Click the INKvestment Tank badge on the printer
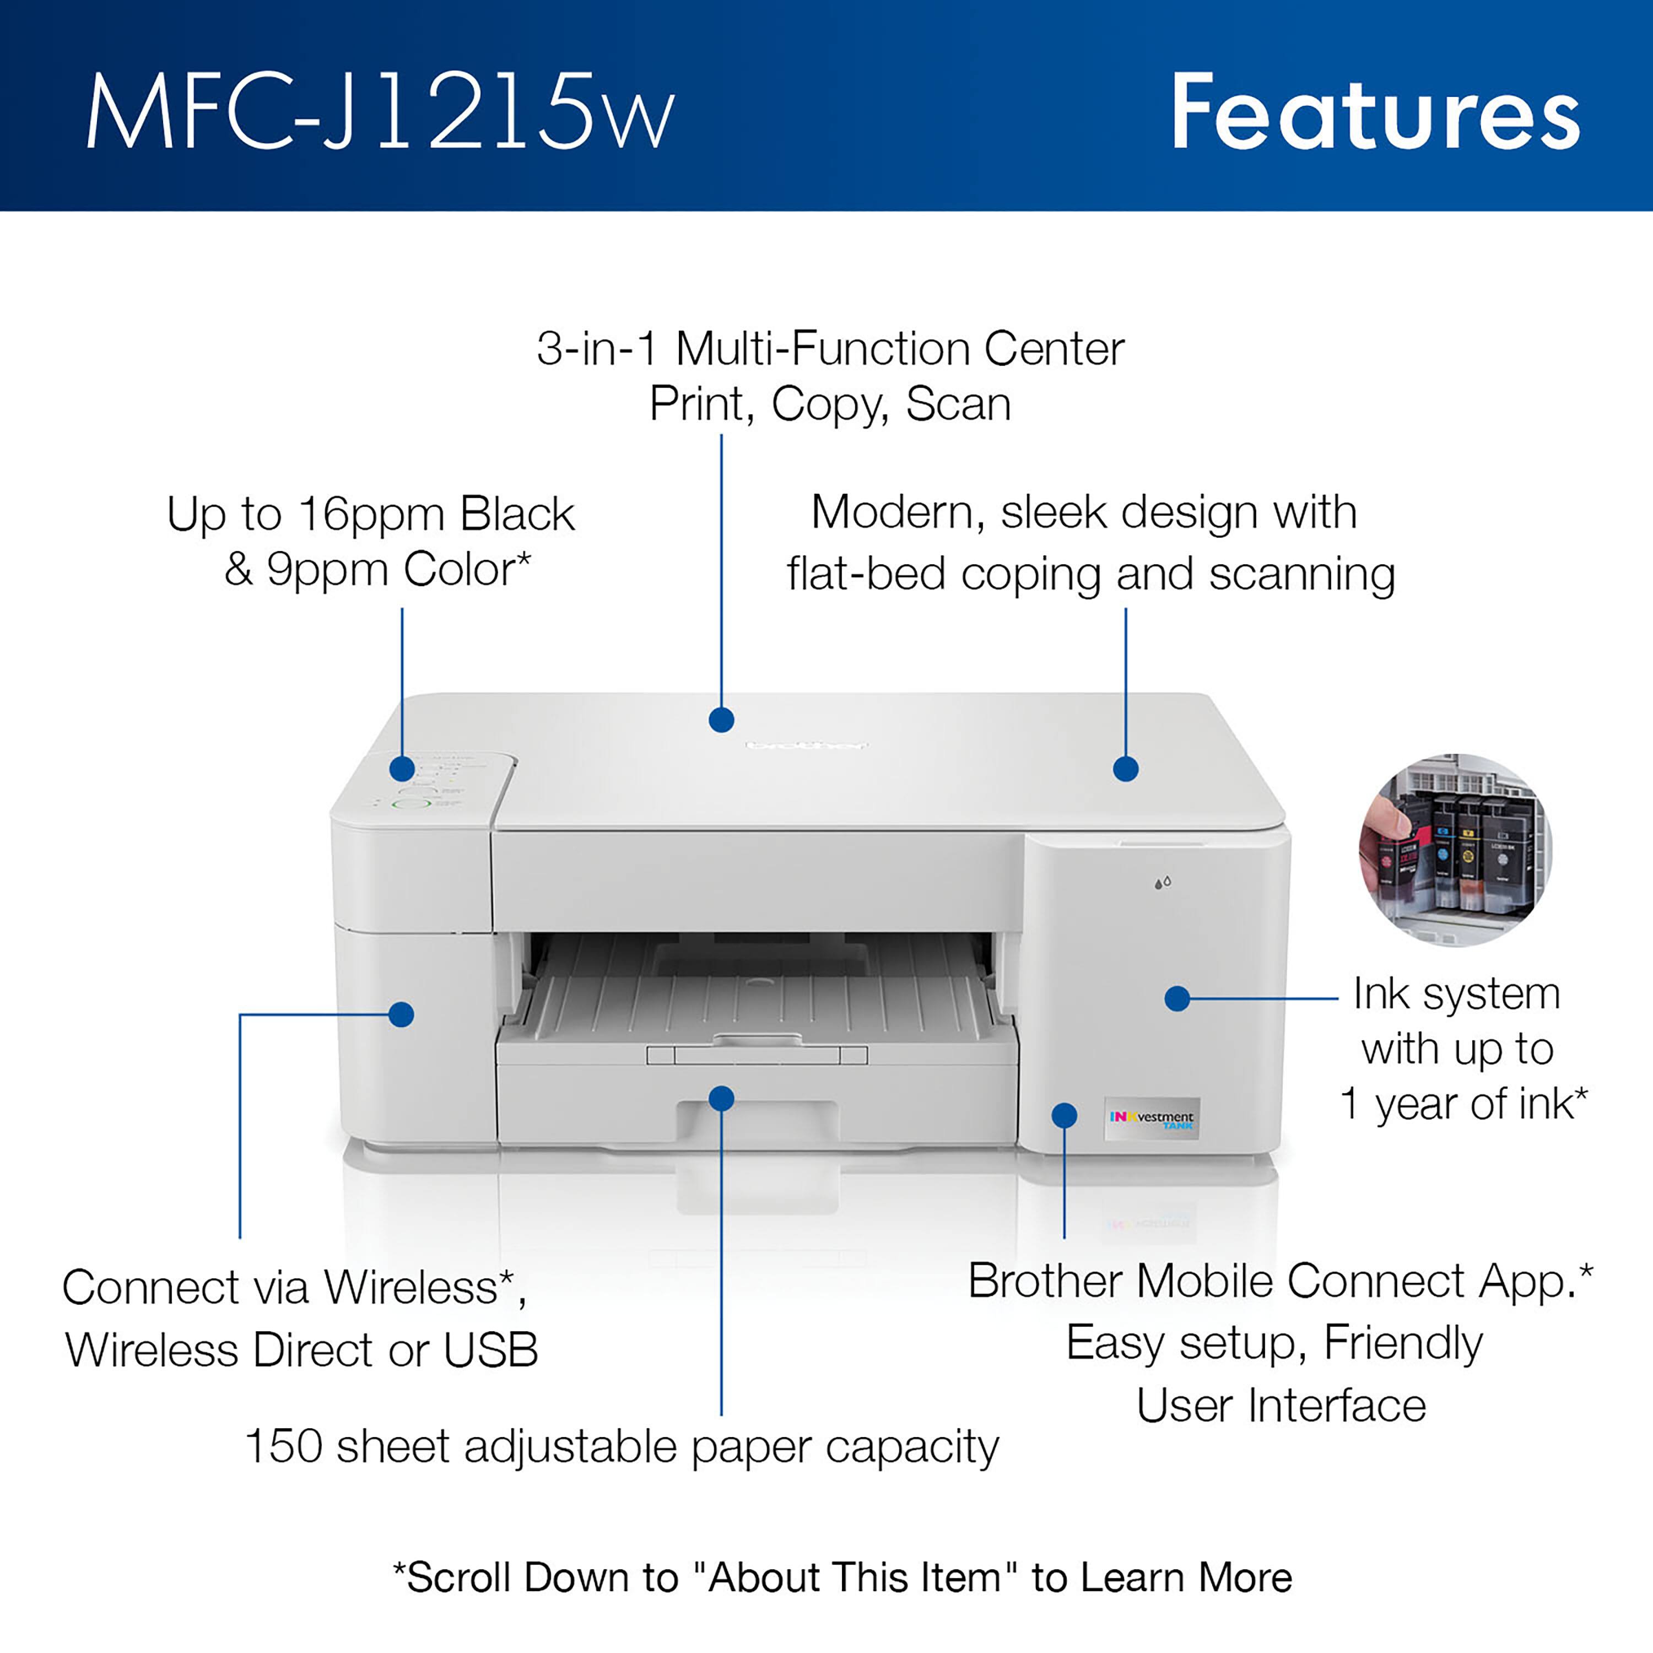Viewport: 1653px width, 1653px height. tap(1152, 1119)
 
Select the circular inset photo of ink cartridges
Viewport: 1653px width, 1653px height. tap(1455, 850)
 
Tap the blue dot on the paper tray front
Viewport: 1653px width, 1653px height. tap(721, 1099)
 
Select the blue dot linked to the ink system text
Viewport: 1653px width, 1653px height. tap(1177, 998)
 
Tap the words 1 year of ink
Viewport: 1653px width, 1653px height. tap(1455, 1104)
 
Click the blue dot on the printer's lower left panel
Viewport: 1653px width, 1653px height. tap(401, 1015)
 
